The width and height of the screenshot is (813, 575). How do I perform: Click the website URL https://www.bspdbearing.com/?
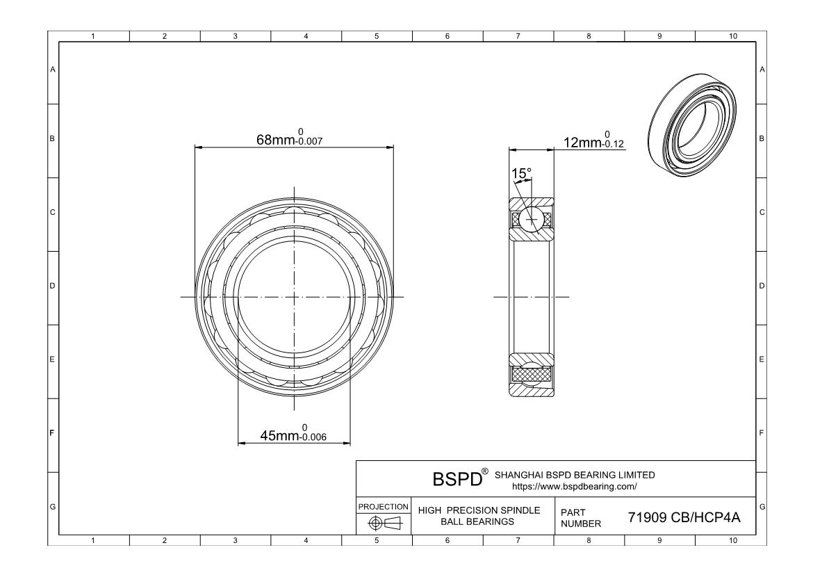(x=573, y=486)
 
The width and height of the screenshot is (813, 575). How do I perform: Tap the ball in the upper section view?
(x=532, y=219)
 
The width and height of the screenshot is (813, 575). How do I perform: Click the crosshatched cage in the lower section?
(x=532, y=374)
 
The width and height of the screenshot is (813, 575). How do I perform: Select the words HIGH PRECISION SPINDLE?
(x=479, y=510)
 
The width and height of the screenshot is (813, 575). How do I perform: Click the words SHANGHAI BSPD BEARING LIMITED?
(x=574, y=475)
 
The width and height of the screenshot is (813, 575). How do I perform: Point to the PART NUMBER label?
(x=575, y=517)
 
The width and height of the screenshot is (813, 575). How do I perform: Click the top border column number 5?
(x=377, y=37)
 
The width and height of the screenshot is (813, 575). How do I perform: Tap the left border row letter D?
(x=52, y=286)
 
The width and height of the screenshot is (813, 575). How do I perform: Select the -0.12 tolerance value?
(x=614, y=145)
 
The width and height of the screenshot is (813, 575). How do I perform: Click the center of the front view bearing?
(x=294, y=297)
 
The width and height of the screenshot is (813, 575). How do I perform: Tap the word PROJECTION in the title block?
(x=383, y=506)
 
